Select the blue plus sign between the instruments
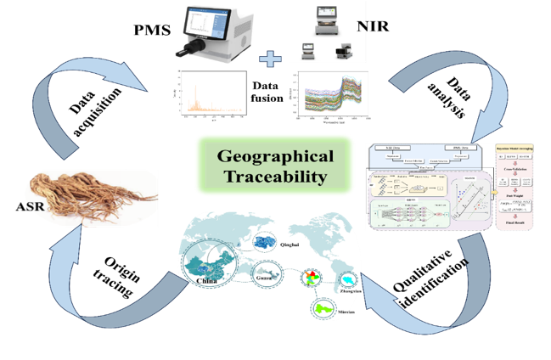(270, 59)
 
